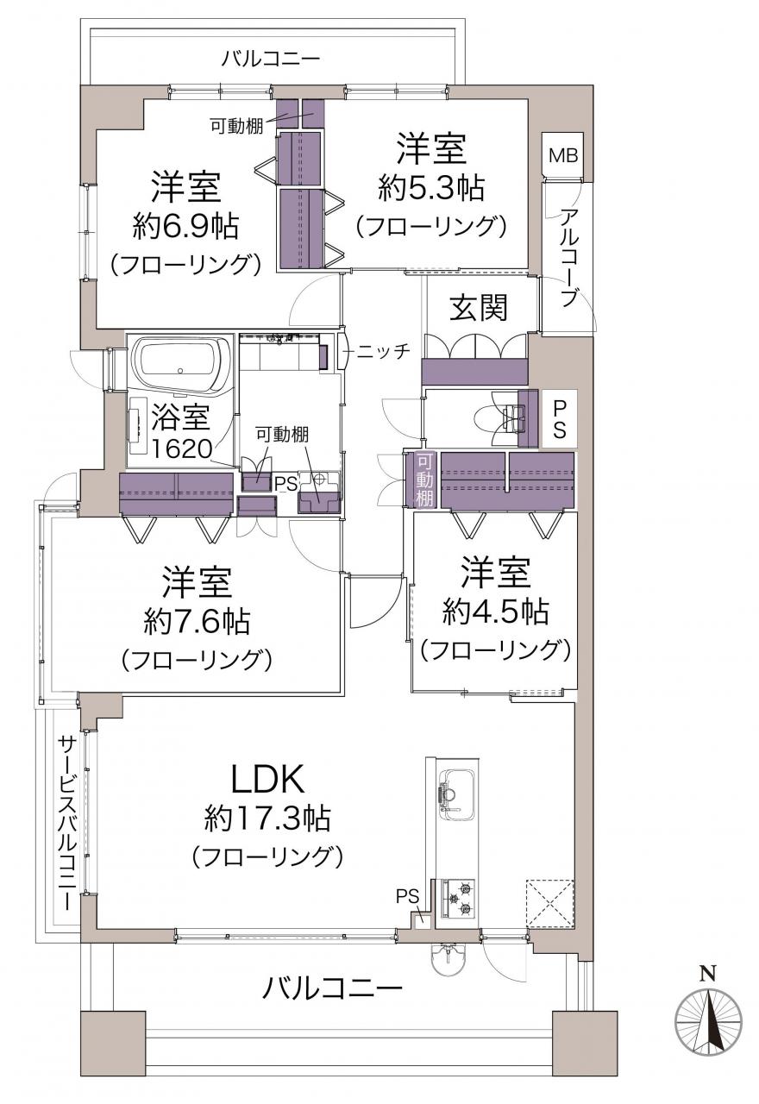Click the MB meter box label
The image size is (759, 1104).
563,156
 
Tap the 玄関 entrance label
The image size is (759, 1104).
479,308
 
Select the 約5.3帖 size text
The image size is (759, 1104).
431,188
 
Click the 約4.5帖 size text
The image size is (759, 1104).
495,613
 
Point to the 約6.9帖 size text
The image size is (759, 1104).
185,226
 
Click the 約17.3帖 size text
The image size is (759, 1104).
267,819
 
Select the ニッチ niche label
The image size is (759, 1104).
384,351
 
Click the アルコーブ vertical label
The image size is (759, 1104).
568,258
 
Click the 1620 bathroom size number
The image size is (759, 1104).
182,449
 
